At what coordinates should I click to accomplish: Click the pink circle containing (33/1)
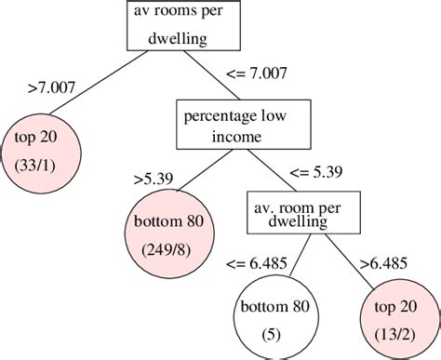38,152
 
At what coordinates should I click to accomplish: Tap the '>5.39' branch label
153,175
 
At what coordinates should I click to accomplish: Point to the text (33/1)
38,164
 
